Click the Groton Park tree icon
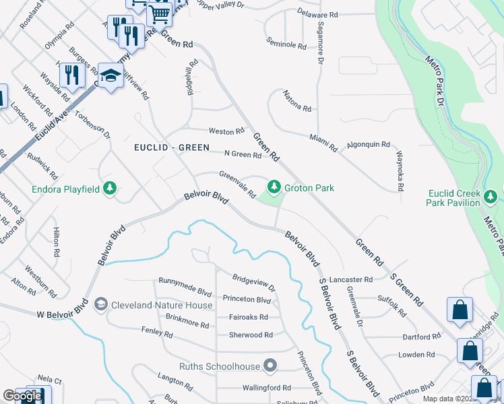click(x=274, y=186)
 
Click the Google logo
click(x=22, y=396)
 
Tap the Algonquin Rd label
click(x=369, y=144)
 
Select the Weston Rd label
click(x=226, y=131)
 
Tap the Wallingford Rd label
click(x=267, y=388)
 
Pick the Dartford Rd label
click(x=420, y=337)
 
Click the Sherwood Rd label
click(x=251, y=335)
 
